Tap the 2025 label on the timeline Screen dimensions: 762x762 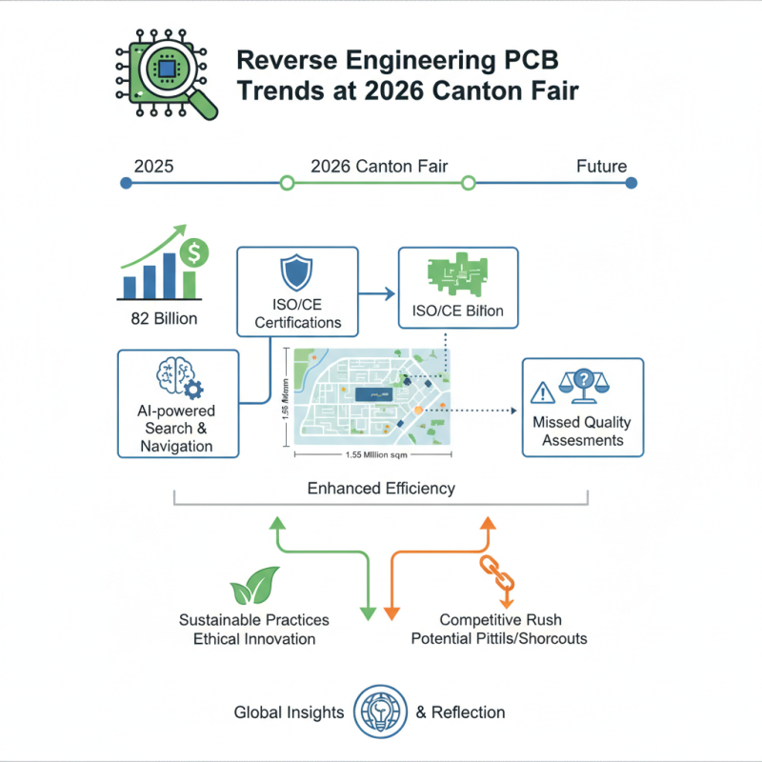(153, 167)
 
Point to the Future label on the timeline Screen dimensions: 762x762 (601, 167)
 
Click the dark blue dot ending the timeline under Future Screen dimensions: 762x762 (631, 183)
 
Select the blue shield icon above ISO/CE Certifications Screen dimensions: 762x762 (297, 274)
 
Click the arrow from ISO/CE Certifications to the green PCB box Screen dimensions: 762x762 (376, 295)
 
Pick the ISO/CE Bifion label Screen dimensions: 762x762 (458, 311)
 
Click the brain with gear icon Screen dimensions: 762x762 (178, 379)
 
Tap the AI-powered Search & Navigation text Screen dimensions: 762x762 (177, 429)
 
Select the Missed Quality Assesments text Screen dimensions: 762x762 (582, 431)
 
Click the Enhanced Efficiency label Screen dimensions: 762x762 (381, 489)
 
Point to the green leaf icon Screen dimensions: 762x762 (254, 586)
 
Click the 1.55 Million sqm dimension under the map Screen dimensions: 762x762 (372, 456)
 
